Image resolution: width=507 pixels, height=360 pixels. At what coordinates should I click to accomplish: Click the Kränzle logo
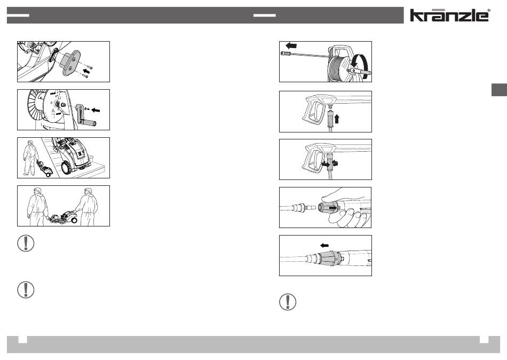(449, 15)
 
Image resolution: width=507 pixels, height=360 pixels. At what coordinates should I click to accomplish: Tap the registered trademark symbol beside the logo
(488, 10)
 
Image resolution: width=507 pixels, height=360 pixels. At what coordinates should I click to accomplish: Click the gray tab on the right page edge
(499, 90)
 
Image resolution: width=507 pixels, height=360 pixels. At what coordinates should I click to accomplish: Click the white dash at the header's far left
(18, 15)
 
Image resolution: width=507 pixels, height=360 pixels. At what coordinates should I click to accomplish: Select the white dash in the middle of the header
(265, 15)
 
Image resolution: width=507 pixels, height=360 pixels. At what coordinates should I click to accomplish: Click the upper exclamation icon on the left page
(26, 243)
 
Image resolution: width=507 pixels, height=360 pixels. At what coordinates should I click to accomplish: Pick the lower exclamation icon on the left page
(26, 289)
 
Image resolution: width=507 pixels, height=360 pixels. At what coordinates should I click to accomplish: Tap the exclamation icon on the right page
(288, 302)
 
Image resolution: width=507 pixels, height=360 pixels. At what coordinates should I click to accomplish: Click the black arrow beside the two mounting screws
(86, 71)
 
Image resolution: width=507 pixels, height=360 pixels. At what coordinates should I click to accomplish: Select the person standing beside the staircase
(29, 158)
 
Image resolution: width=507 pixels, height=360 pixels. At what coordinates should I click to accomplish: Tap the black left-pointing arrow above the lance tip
(291, 45)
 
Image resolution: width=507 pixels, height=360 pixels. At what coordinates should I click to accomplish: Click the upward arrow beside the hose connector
(337, 119)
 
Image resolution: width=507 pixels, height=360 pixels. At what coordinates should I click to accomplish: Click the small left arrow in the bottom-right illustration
(324, 245)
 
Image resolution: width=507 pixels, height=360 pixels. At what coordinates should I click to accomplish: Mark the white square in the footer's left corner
(22, 339)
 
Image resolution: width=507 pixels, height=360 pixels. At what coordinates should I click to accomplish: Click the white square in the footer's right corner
(484, 339)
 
